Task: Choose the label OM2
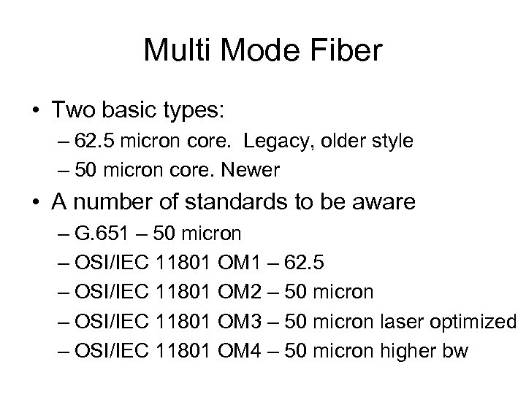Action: [x=241, y=292]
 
